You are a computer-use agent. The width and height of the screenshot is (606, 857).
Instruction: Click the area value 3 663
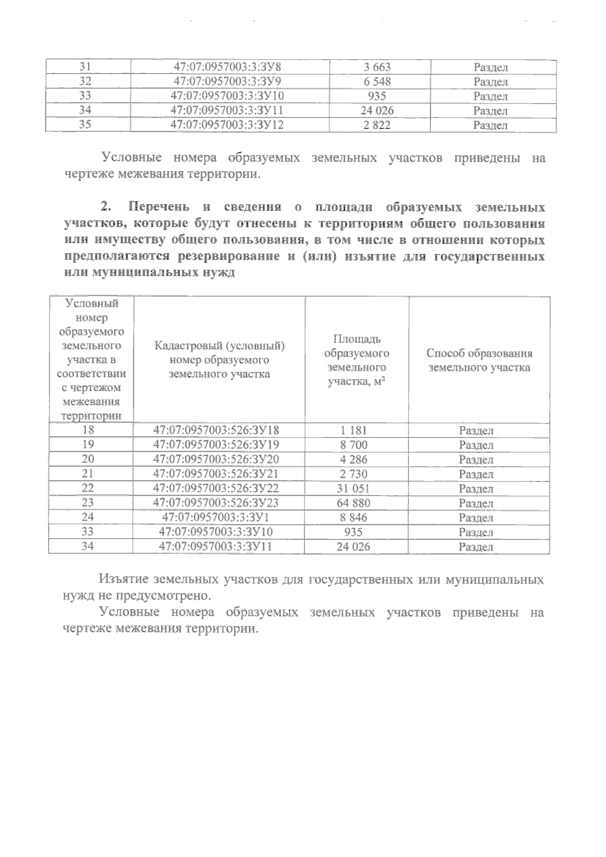pyautogui.click(x=377, y=67)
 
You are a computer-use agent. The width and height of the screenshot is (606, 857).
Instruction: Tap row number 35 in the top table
pyautogui.click(x=85, y=125)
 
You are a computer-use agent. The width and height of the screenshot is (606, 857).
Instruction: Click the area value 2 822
pyautogui.click(x=377, y=126)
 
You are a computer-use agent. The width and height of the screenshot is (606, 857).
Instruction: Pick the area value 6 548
pyautogui.click(x=377, y=82)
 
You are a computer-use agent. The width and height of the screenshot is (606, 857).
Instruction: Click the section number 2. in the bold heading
pyautogui.click(x=106, y=206)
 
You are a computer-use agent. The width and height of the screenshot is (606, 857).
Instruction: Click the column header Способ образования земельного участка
pyautogui.click(x=479, y=360)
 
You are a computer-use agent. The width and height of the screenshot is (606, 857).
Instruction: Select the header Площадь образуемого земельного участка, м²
pyautogui.click(x=357, y=360)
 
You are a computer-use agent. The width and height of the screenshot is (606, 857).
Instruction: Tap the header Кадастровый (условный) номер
pyautogui.click(x=219, y=360)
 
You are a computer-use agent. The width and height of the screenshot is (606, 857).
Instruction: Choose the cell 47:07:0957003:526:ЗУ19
pyautogui.click(x=216, y=445)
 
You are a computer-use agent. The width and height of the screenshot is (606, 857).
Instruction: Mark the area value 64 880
pyautogui.click(x=353, y=503)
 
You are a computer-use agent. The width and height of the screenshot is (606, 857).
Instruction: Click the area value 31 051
pyautogui.click(x=353, y=489)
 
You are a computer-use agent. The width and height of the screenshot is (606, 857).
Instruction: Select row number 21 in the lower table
pyautogui.click(x=90, y=474)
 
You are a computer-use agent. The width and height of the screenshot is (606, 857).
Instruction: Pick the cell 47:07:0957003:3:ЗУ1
pyautogui.click(x=216, y=517)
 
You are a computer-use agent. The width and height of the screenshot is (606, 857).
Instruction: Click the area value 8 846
pyautogui.click(x=353, y=518)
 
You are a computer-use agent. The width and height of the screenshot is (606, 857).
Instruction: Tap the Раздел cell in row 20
pyautogui.click(x=476, y=460)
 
